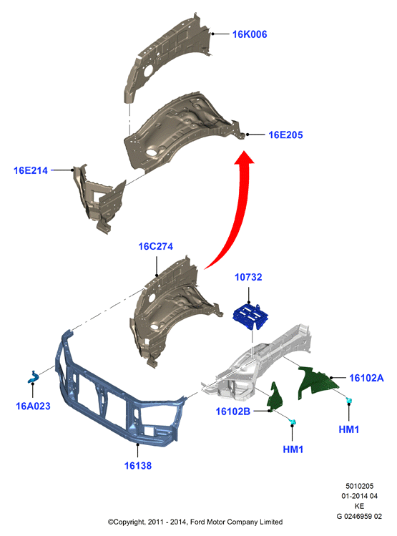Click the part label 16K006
[x=250, y=34]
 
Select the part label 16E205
[x=285, y=135]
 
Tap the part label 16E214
[x=31, y=170]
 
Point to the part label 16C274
[x=155, y=246]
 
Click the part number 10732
[x=248, y=277]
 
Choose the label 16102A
[x=366, y=378]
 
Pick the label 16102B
[x=232, y=411]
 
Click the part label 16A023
[x=33, y=406]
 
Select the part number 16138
[x=137, y=466]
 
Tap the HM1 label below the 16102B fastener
[x=293, y=449]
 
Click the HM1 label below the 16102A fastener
[x=349, y=429]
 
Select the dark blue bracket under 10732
[x=250, y=316]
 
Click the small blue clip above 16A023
[x=33, y=377]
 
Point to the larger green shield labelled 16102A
[x=316, y=383]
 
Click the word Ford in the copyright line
[x=197, y=522]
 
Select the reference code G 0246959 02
[x=359, y=516]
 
